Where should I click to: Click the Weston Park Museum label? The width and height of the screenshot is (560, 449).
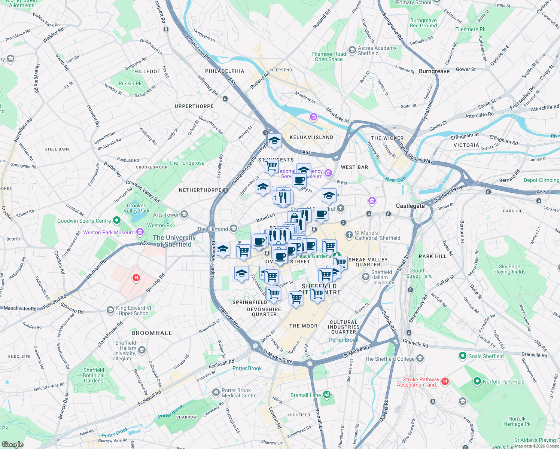coord(109,232)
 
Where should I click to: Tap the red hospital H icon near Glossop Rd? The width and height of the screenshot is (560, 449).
coord(136,278)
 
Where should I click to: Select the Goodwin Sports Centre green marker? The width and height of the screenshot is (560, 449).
coord(117,221)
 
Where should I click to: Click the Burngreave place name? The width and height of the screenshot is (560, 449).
coord(434,71)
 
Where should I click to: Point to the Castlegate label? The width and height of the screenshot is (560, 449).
coord(410,206)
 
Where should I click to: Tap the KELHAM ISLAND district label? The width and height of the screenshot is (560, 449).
coord(311,137)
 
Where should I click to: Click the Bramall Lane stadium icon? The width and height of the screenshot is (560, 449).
coord(327,395)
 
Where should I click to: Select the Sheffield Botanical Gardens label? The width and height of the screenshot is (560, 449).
coord(94,375)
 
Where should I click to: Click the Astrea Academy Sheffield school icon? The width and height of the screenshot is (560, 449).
coord(352,50)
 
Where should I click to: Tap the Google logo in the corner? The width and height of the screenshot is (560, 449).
coord(12,444)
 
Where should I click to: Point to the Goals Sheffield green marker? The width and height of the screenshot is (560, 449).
coord(463,356)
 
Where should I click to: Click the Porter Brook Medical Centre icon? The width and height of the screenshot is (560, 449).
coord(216,392)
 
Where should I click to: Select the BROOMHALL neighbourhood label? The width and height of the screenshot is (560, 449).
coord(152,333)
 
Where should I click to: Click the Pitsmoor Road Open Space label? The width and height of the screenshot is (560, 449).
coord(329,56)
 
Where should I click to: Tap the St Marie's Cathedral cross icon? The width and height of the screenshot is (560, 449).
coord(349,235)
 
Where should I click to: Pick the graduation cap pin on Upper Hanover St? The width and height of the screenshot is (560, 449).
coord(223,249)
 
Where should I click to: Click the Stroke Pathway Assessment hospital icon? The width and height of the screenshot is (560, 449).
coord(445,381)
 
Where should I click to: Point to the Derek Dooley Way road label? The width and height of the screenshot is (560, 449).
coord(416,153)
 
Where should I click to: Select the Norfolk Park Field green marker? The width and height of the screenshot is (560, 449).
coord(477,381)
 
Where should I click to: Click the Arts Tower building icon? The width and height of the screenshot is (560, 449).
coord(184,214)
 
